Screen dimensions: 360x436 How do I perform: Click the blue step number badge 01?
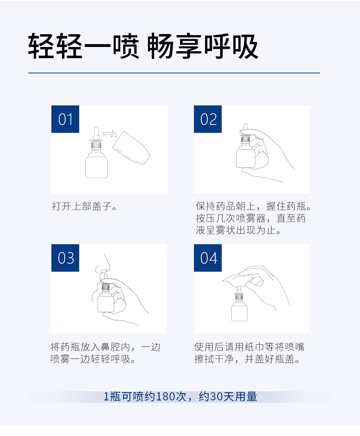(x=65, y=119)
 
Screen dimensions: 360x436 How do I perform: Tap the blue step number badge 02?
(x=208, y=119)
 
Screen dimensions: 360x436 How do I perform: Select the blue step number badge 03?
(x=65, y=258)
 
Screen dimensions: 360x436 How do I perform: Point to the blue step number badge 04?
(x=208, y=258)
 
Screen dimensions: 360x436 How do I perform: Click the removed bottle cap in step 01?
(x=131, y=148)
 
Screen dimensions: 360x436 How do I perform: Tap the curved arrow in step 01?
(x=110, y=134)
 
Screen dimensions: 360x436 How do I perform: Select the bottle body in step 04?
(x=239, y=312)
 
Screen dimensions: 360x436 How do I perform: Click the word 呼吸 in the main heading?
(x=231, y=46)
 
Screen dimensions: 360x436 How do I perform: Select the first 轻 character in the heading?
(x=41, y=46)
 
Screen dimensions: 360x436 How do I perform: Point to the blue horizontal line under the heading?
(x=174, y=73)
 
